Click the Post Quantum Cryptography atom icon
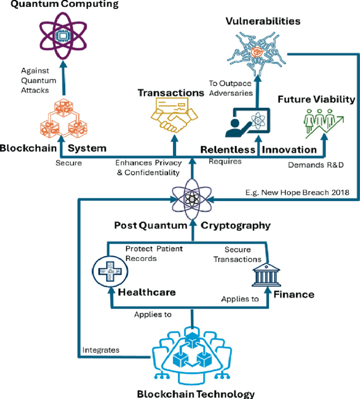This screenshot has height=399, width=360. pyautogui.click(x=193, y=199)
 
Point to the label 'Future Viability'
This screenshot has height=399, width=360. pyautogui.click(x=316, y=99)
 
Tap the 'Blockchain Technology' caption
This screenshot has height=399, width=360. pyautogui.click(x=196, y=394)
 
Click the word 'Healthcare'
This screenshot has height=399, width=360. pyautogui.click(x=147, y=292)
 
